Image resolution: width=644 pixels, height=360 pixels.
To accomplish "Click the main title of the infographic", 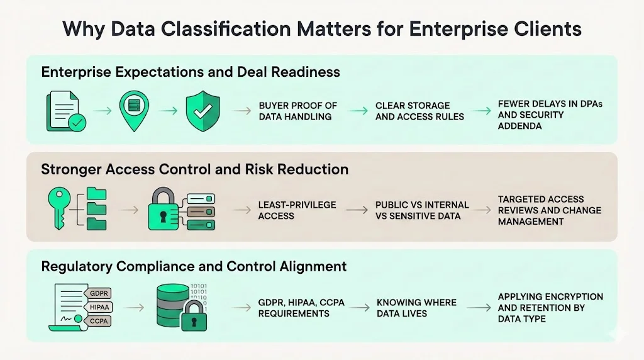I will click(322, 29).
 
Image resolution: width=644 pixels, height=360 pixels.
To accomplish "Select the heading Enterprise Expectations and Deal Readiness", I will click(191, 72).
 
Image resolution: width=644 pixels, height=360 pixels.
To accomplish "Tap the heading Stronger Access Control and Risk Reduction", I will click(194, 169).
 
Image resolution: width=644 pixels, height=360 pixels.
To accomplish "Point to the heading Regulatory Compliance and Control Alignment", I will click(194, 266).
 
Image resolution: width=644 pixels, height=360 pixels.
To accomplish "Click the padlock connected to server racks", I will click(164, 210).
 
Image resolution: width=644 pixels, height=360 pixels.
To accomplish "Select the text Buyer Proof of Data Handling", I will click(298, 111).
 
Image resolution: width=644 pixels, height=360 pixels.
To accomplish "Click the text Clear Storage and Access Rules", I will click(419, 111).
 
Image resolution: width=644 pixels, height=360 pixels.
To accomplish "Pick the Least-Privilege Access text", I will click(297, 210).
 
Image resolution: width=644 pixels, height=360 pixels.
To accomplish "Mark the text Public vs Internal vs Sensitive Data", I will click(422, 210).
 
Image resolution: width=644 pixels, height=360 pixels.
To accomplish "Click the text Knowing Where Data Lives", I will click(416, 308).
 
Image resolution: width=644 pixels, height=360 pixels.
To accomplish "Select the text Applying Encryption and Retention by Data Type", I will click(550, 307).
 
